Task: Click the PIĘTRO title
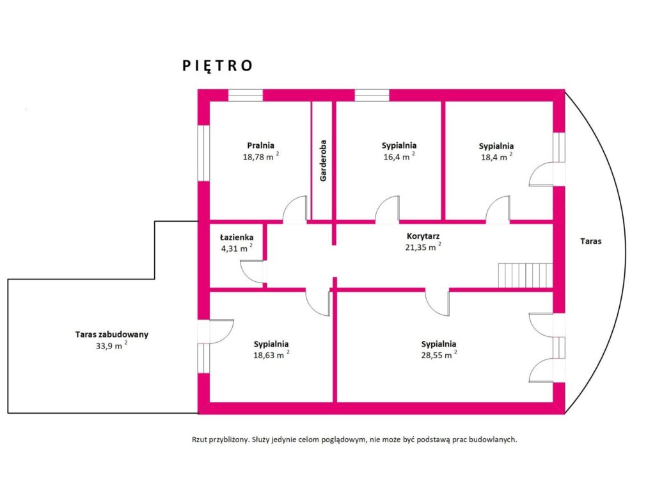click(217, 66)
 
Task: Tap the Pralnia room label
click(261, 145)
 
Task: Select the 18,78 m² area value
click(261, 156)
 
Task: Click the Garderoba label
click(323, 161)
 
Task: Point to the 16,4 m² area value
click(399, 156)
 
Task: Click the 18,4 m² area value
click(496, 157)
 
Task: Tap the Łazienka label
click(237, 237)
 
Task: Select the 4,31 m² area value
click(237, 248)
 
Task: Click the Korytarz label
click(423, 236)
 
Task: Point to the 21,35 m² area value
click(423, 247)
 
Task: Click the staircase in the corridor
click(526, 275)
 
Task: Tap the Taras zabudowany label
click(111, 334)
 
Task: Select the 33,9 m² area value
click(111, 345)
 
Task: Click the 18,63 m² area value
click(271, 354)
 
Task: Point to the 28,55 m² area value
click(439, 355)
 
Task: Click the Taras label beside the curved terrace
click(590, 241)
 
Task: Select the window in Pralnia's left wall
click(203, 153)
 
